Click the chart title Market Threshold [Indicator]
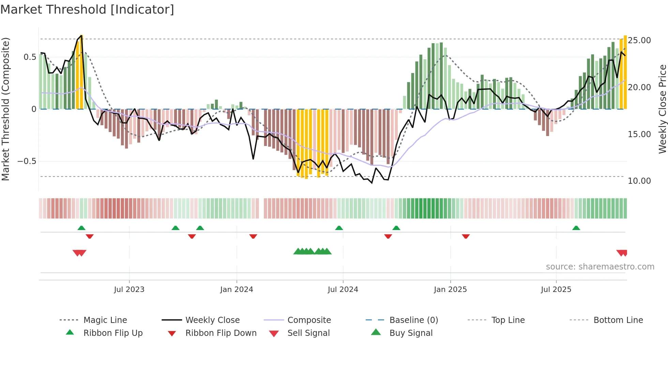click(x=87, y=10)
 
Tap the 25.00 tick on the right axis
click(x=639, y=40)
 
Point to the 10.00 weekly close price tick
click(x=639, y=181)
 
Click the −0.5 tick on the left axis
click(x=27, y=161)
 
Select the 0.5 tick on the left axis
click(x=30, y=57)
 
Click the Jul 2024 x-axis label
click(x=343, y=290)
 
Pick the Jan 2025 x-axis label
click(x=450, y=290)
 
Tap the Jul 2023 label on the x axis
click(x=129, y=290)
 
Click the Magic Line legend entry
click(x=105, y=320)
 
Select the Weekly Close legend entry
click(x=212, y=320)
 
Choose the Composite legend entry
click(x=309, y=320)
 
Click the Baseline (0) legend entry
click(x=413, y=320)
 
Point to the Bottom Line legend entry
click(x=618, y=320)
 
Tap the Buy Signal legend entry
click(x=411, y=333)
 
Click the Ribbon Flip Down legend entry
click(x=221, y=333)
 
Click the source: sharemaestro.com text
click(x=600, y=267)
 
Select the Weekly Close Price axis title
click(x=662, y=109)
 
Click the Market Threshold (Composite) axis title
click(x=5, y=109)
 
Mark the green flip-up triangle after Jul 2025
click(x=576, y=228)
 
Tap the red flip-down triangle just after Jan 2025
click(x=466, y=236)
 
